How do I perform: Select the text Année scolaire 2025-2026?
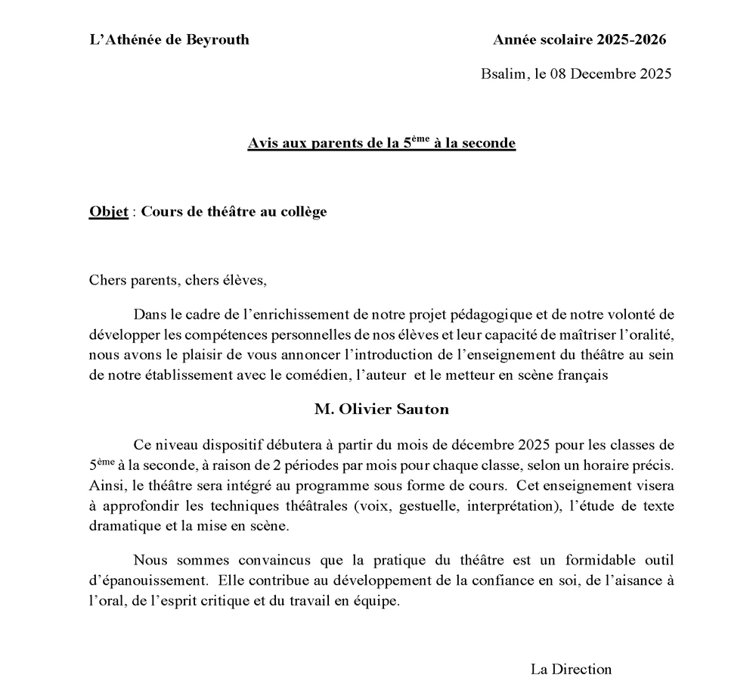(x=579, y=40)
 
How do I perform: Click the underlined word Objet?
(x=108, y=212)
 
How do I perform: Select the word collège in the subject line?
(x=302, y=212)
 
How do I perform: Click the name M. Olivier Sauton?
(x=382, y=409)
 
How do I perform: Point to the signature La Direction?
(x=571, y=669)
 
